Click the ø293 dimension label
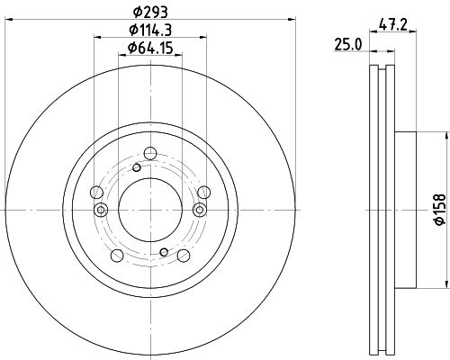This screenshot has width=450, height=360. pyautogui.click(x=150, y=13)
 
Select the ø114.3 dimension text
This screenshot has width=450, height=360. pyautogui.click(x=150, y=30)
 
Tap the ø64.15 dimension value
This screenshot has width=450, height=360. pyautogui.click(x=150, y=48)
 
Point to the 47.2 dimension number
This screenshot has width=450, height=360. pyautogui.click(x=392, y=24)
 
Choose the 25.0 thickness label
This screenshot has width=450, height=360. pyautogui.click(x=348, y=45)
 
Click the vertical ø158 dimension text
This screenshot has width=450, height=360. pyautogui.click(x=440, y=209)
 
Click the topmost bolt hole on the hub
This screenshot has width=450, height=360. pyautogui.click(x=150, y=153)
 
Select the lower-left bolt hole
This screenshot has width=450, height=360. pyautogui.click(x=117, y=256)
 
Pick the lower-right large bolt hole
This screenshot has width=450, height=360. pyautogui.click(x=184, y=256)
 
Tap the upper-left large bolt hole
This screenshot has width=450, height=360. pyautogui.click(x=96, y=192)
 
